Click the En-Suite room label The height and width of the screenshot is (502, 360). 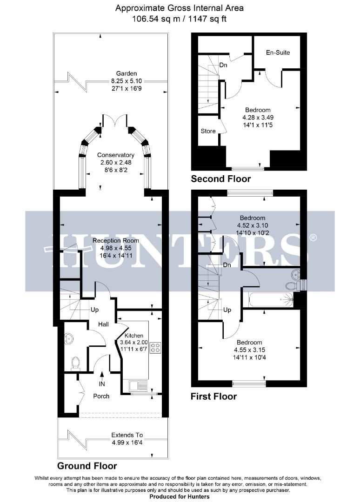pos(278,53)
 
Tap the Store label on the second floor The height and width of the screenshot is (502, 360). pos(208,131)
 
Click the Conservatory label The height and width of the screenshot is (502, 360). pos(116,155)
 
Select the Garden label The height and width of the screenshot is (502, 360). pos(127,73)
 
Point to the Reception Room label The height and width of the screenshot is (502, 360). pos(114,240)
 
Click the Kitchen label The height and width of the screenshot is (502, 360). pos(134,336)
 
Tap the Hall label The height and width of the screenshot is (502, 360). pos(104,324)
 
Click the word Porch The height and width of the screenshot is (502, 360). pos(101,396)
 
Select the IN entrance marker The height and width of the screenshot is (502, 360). pos(102,384)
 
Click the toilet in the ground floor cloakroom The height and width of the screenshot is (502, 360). pos(75,362)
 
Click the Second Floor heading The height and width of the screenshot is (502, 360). pos(221,179)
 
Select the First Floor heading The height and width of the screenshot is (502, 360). pos(214,396)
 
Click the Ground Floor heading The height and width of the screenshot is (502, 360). pos(87,466)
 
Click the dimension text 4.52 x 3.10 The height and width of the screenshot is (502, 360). pos(252,225)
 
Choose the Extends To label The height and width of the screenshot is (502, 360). pos(127,435)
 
